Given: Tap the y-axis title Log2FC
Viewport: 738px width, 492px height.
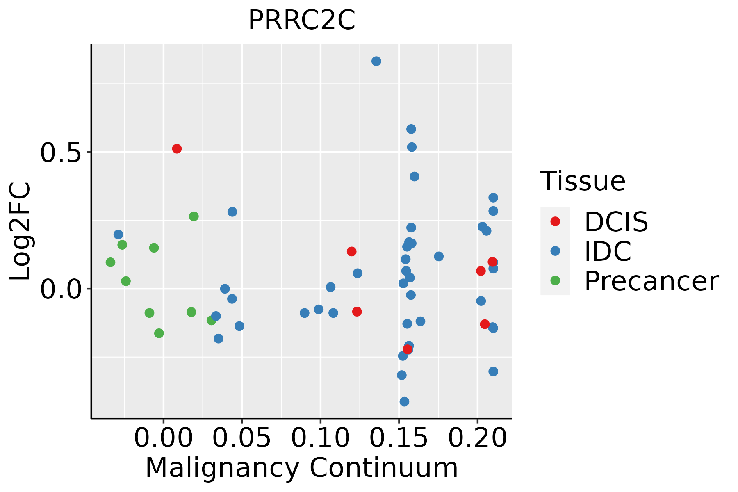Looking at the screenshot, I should coord(20,231).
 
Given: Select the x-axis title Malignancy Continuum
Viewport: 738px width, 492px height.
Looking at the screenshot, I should coord(301,468).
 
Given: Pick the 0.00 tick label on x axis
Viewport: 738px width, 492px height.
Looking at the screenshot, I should coord(163,438).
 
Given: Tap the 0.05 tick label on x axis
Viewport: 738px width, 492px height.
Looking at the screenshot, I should coord(242,438).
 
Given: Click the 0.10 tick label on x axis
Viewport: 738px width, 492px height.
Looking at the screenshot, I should coord(320,438).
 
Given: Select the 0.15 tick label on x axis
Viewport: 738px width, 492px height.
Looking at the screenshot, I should coord(399,438).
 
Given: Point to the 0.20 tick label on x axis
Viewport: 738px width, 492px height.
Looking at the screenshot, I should coord(477,438).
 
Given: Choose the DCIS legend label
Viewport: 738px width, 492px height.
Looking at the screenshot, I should coord(616,222).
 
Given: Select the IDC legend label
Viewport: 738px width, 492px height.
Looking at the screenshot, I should coord(608,251).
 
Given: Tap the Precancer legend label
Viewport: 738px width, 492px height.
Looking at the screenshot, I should coord(651,281).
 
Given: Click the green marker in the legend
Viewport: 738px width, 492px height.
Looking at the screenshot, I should coord(555,280).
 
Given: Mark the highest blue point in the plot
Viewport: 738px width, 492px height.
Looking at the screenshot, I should coord(376,61).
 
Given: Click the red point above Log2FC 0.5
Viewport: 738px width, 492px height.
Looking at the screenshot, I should coord(177,148).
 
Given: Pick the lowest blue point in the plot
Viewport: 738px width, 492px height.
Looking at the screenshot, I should coord(404,401).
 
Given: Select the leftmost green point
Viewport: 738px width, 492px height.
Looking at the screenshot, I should coord(110,262).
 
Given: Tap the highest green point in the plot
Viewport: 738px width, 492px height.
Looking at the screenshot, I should coord(194,216).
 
